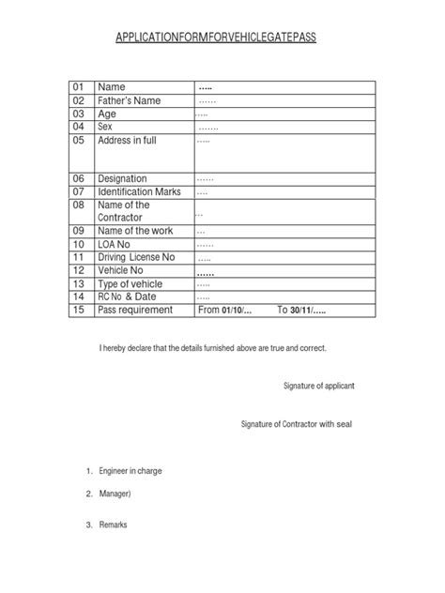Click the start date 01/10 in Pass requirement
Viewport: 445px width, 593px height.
tap(233, 310)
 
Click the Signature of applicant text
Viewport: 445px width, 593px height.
tap(318, 386)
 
